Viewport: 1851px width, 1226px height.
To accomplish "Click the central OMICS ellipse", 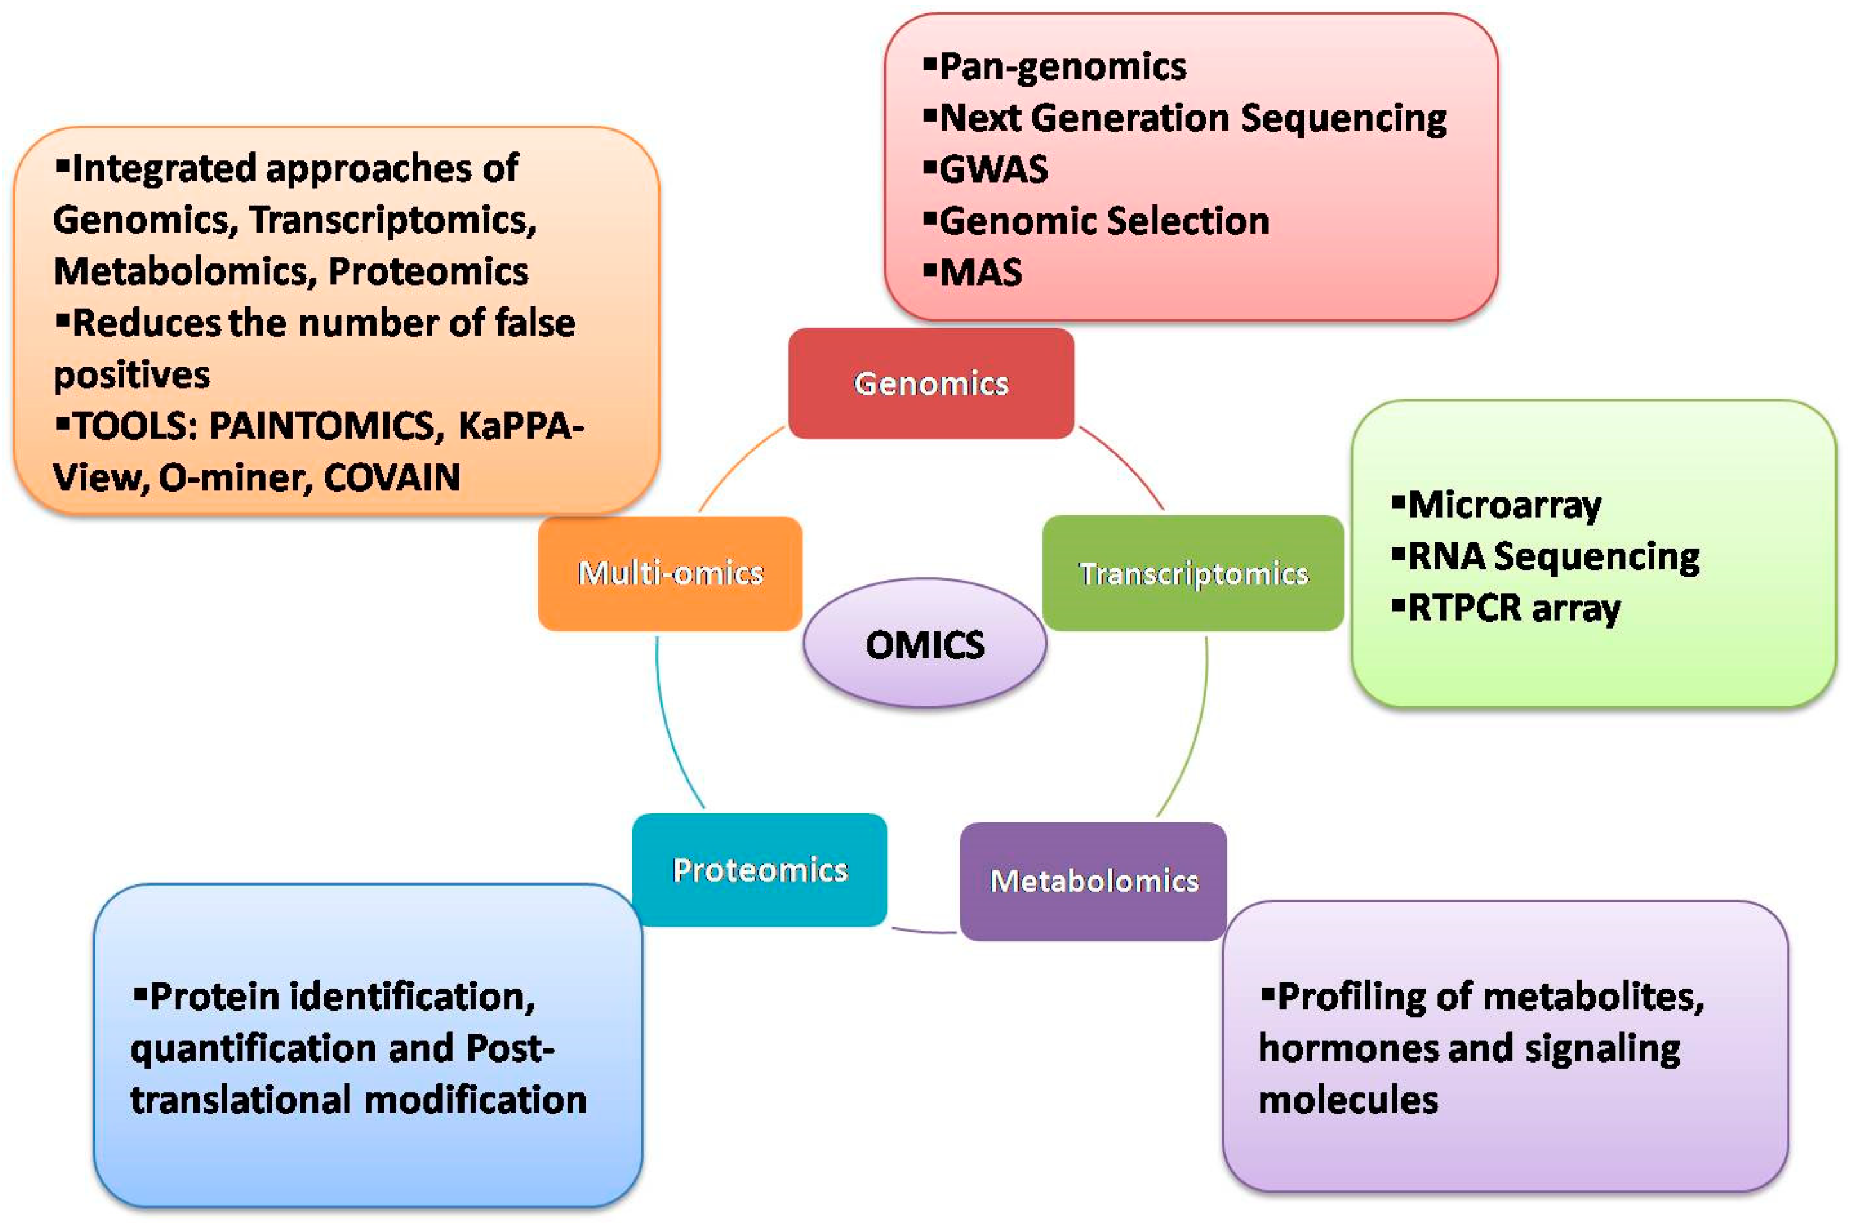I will (924, 643).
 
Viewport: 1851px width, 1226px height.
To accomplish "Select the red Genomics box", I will (930, 383).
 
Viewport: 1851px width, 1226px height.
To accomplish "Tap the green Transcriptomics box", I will (1193, 573).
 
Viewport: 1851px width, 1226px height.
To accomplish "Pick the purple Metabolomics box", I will (1093, 881).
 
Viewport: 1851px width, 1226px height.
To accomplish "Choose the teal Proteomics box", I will (759, 870).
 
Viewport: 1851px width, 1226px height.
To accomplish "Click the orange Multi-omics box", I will (670, 573).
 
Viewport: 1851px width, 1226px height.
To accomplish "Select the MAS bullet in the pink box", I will (980, 273).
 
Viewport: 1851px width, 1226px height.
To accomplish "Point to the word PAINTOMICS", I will (321, 427).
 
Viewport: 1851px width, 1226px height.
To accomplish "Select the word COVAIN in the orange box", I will (391, 477).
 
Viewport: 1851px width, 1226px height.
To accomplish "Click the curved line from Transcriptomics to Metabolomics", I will (1194, 727).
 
